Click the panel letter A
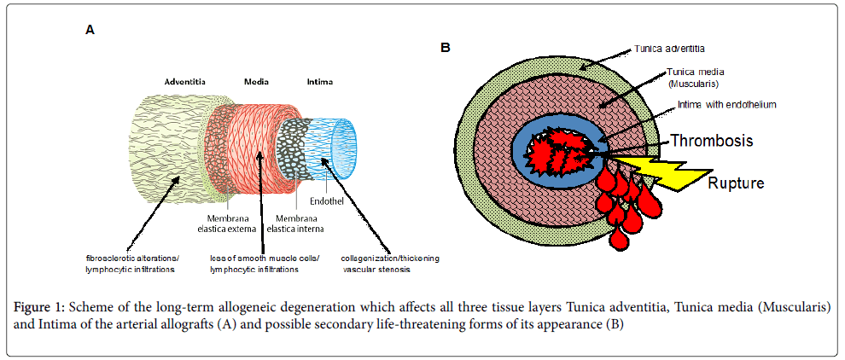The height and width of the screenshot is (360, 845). (90, 30)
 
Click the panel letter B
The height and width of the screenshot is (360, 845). (446, 49)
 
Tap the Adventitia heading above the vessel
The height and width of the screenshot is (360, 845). (187, 83)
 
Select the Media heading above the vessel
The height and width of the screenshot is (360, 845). (257, 83)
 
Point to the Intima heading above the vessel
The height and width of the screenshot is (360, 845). (320, 83)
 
